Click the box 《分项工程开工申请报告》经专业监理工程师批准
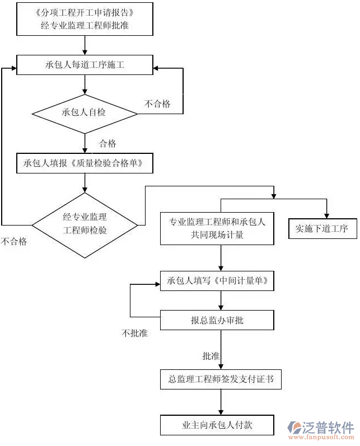(x=85, y=18)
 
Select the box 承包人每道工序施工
(x=85, y=65)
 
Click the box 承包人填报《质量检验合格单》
(x=85, y=163)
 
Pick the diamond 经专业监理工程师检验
(x=85, y=226)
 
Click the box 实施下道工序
(x=322, y=229)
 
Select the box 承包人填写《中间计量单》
(x=217, y=280)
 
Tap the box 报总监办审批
(x=217, y=321)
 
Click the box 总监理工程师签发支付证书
(x=221, y=379)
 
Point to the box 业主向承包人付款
(x=217, y=425)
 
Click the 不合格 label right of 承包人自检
(x=157, y=104)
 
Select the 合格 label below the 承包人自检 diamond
(x=107, y=144)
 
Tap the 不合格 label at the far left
(x=13, y=242)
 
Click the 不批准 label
(x=134, y=333)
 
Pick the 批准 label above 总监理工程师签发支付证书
(x=211, y=356)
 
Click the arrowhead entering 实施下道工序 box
(x=327, y=215)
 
